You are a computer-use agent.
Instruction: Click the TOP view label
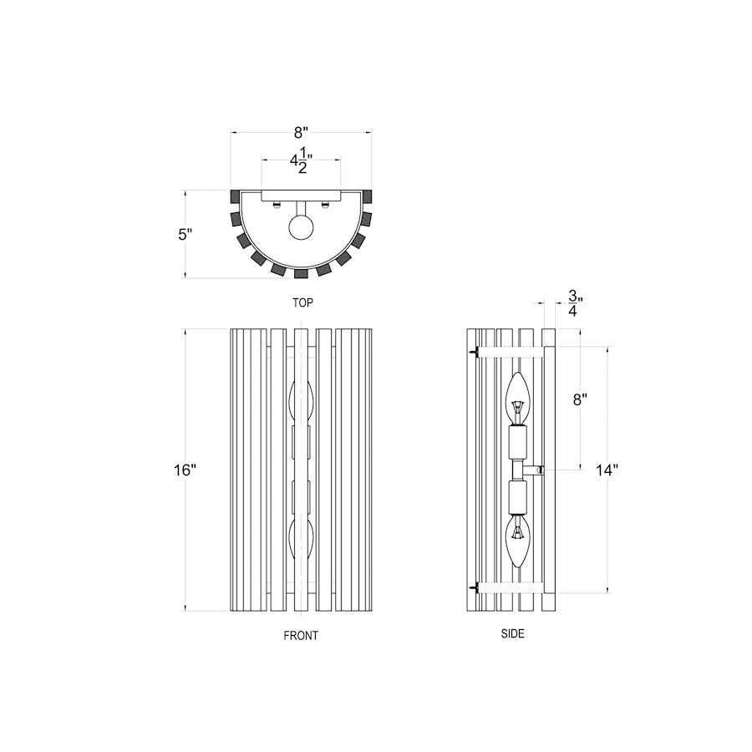[x=302, y=302]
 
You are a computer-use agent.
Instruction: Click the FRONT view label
[x=301, y=636]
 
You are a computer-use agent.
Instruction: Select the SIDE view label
[x=513, y=633]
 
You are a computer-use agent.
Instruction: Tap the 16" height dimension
[x=185, y=470]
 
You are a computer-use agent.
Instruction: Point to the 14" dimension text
[x=607, y=470]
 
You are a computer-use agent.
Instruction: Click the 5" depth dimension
[x=185, y=235]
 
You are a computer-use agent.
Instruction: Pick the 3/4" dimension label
[x=575, y=303]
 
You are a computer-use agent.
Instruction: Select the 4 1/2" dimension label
[x=301, y=160]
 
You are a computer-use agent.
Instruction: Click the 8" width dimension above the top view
[x=301, y=132]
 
